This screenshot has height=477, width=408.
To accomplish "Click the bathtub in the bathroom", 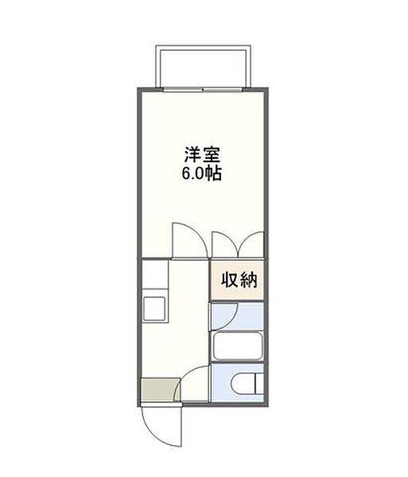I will [x=238, y=347].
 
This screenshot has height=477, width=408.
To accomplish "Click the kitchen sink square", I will [x=153, y=307].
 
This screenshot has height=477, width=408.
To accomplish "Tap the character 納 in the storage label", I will [x=247, y=279].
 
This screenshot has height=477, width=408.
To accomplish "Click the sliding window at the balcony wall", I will [x=203, y=88].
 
